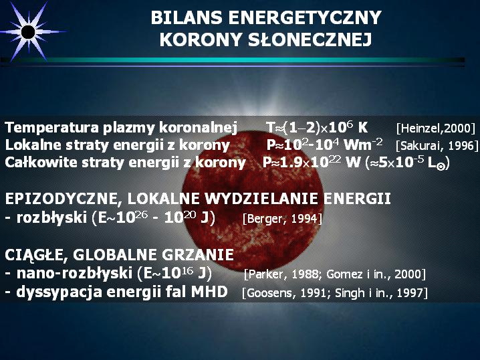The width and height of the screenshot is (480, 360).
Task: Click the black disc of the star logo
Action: pos(28,32)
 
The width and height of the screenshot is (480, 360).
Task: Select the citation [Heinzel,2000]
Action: pos(436,128)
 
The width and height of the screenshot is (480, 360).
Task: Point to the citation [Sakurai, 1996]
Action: pos(437,145)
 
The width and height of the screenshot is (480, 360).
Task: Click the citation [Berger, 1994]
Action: pos(282,219)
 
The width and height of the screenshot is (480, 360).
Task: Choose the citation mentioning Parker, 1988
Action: pos(335,274)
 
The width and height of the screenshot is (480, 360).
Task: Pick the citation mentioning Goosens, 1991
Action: pos(334,293)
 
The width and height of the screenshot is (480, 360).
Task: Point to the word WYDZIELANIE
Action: pos(262,199)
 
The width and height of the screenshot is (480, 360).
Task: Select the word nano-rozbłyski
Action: pos(74,273)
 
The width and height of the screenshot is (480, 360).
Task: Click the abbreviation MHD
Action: pos(209,291)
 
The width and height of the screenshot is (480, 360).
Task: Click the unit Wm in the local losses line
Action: pos(358,145)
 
